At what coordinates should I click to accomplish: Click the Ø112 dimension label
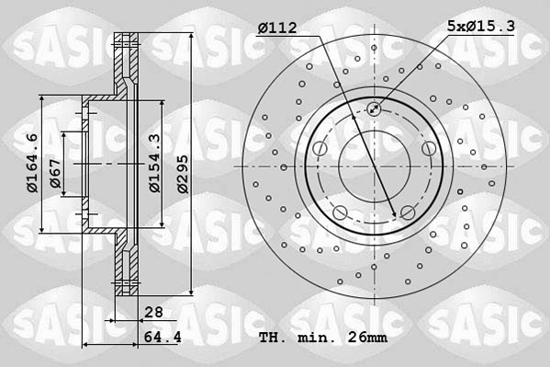point(276,29)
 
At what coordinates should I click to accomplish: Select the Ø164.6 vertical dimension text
point(32,164)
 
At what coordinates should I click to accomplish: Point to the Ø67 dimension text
point(55,171)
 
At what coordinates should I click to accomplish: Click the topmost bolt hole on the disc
point(375,110)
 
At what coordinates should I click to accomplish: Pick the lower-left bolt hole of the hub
point(340,214)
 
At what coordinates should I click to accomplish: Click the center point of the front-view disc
point(375,166)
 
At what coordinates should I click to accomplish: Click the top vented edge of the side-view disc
point(125,40)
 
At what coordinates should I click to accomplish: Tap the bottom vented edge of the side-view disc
point(125,291)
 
